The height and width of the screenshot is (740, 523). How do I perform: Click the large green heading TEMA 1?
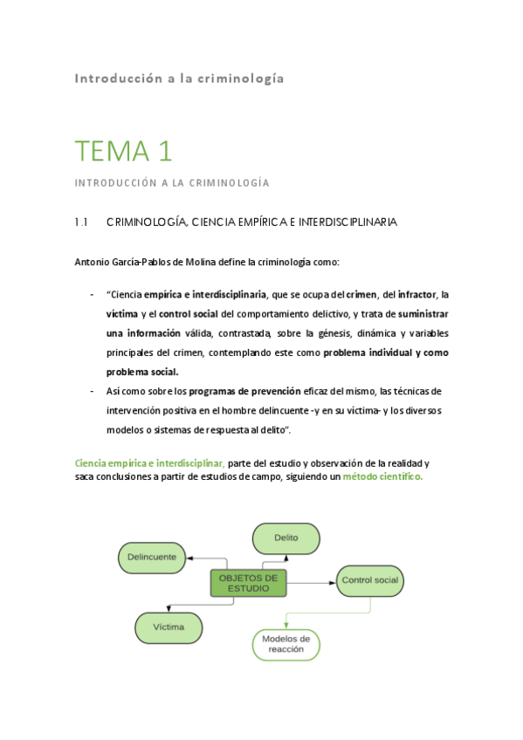pos(122,151)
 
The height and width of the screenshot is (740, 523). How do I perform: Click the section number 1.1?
pos(82,223)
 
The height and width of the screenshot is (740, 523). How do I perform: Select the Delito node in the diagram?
pos(286,538)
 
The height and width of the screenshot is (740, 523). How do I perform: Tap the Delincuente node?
pos(152,557)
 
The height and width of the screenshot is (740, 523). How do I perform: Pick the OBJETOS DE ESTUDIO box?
pos(248,582)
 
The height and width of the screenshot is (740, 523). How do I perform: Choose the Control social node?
pos(369,580)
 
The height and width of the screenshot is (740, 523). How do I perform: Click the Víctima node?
pos(168,627)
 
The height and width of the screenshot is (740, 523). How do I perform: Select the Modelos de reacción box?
pos(286,644)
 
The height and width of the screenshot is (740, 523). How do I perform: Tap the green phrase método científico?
pos(382,476)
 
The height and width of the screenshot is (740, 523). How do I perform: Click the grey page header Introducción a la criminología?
pos(179,79)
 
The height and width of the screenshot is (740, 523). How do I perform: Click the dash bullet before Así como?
pos(92,391)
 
